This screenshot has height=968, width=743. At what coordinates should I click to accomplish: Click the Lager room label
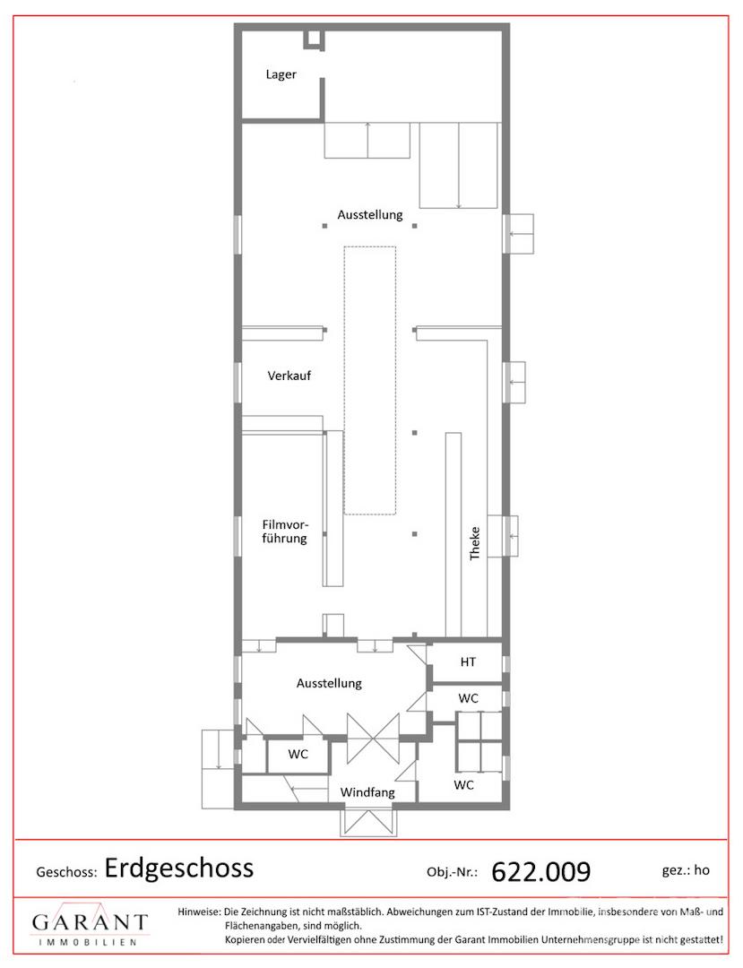[x=281, y=74]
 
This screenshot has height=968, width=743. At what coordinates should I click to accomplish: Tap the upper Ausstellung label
[x=369, y=215]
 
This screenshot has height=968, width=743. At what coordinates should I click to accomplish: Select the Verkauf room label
[x=289, y=376]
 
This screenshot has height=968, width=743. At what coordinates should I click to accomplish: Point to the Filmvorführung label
[x=284, y=532]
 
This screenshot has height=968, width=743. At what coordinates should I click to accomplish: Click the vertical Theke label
[x=474, y=543]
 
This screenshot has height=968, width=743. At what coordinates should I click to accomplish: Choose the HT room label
[x=468, y=661]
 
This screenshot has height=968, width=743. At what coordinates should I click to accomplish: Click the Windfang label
[x=367, y=792]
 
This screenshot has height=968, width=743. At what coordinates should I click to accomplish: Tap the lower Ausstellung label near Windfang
[x=329, y=683]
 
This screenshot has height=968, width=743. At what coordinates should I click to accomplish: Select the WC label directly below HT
[x=469, y=698]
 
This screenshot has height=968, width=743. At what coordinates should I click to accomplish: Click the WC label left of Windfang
[x=298, y=754]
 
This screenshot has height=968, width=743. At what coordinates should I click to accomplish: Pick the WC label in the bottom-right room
[x=463, y=784]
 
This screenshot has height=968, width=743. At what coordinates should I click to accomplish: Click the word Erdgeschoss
[x=179, y=869]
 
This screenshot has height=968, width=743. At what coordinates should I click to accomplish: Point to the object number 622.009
[x=541, y=872]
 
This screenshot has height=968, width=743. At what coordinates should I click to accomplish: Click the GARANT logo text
[x=91, y=922]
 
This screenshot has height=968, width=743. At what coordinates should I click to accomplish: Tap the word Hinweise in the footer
[x=199, y=912]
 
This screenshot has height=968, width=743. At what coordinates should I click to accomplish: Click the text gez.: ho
[x=686, y=870]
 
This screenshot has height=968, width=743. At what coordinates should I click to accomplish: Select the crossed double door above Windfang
[x=373, y=739]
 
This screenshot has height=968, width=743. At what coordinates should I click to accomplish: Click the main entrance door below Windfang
[x=368, y=822]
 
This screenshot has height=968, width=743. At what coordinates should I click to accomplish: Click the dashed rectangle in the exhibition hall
[x=369, y=380]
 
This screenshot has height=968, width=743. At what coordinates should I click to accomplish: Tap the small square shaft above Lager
[x=314, y=39]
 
